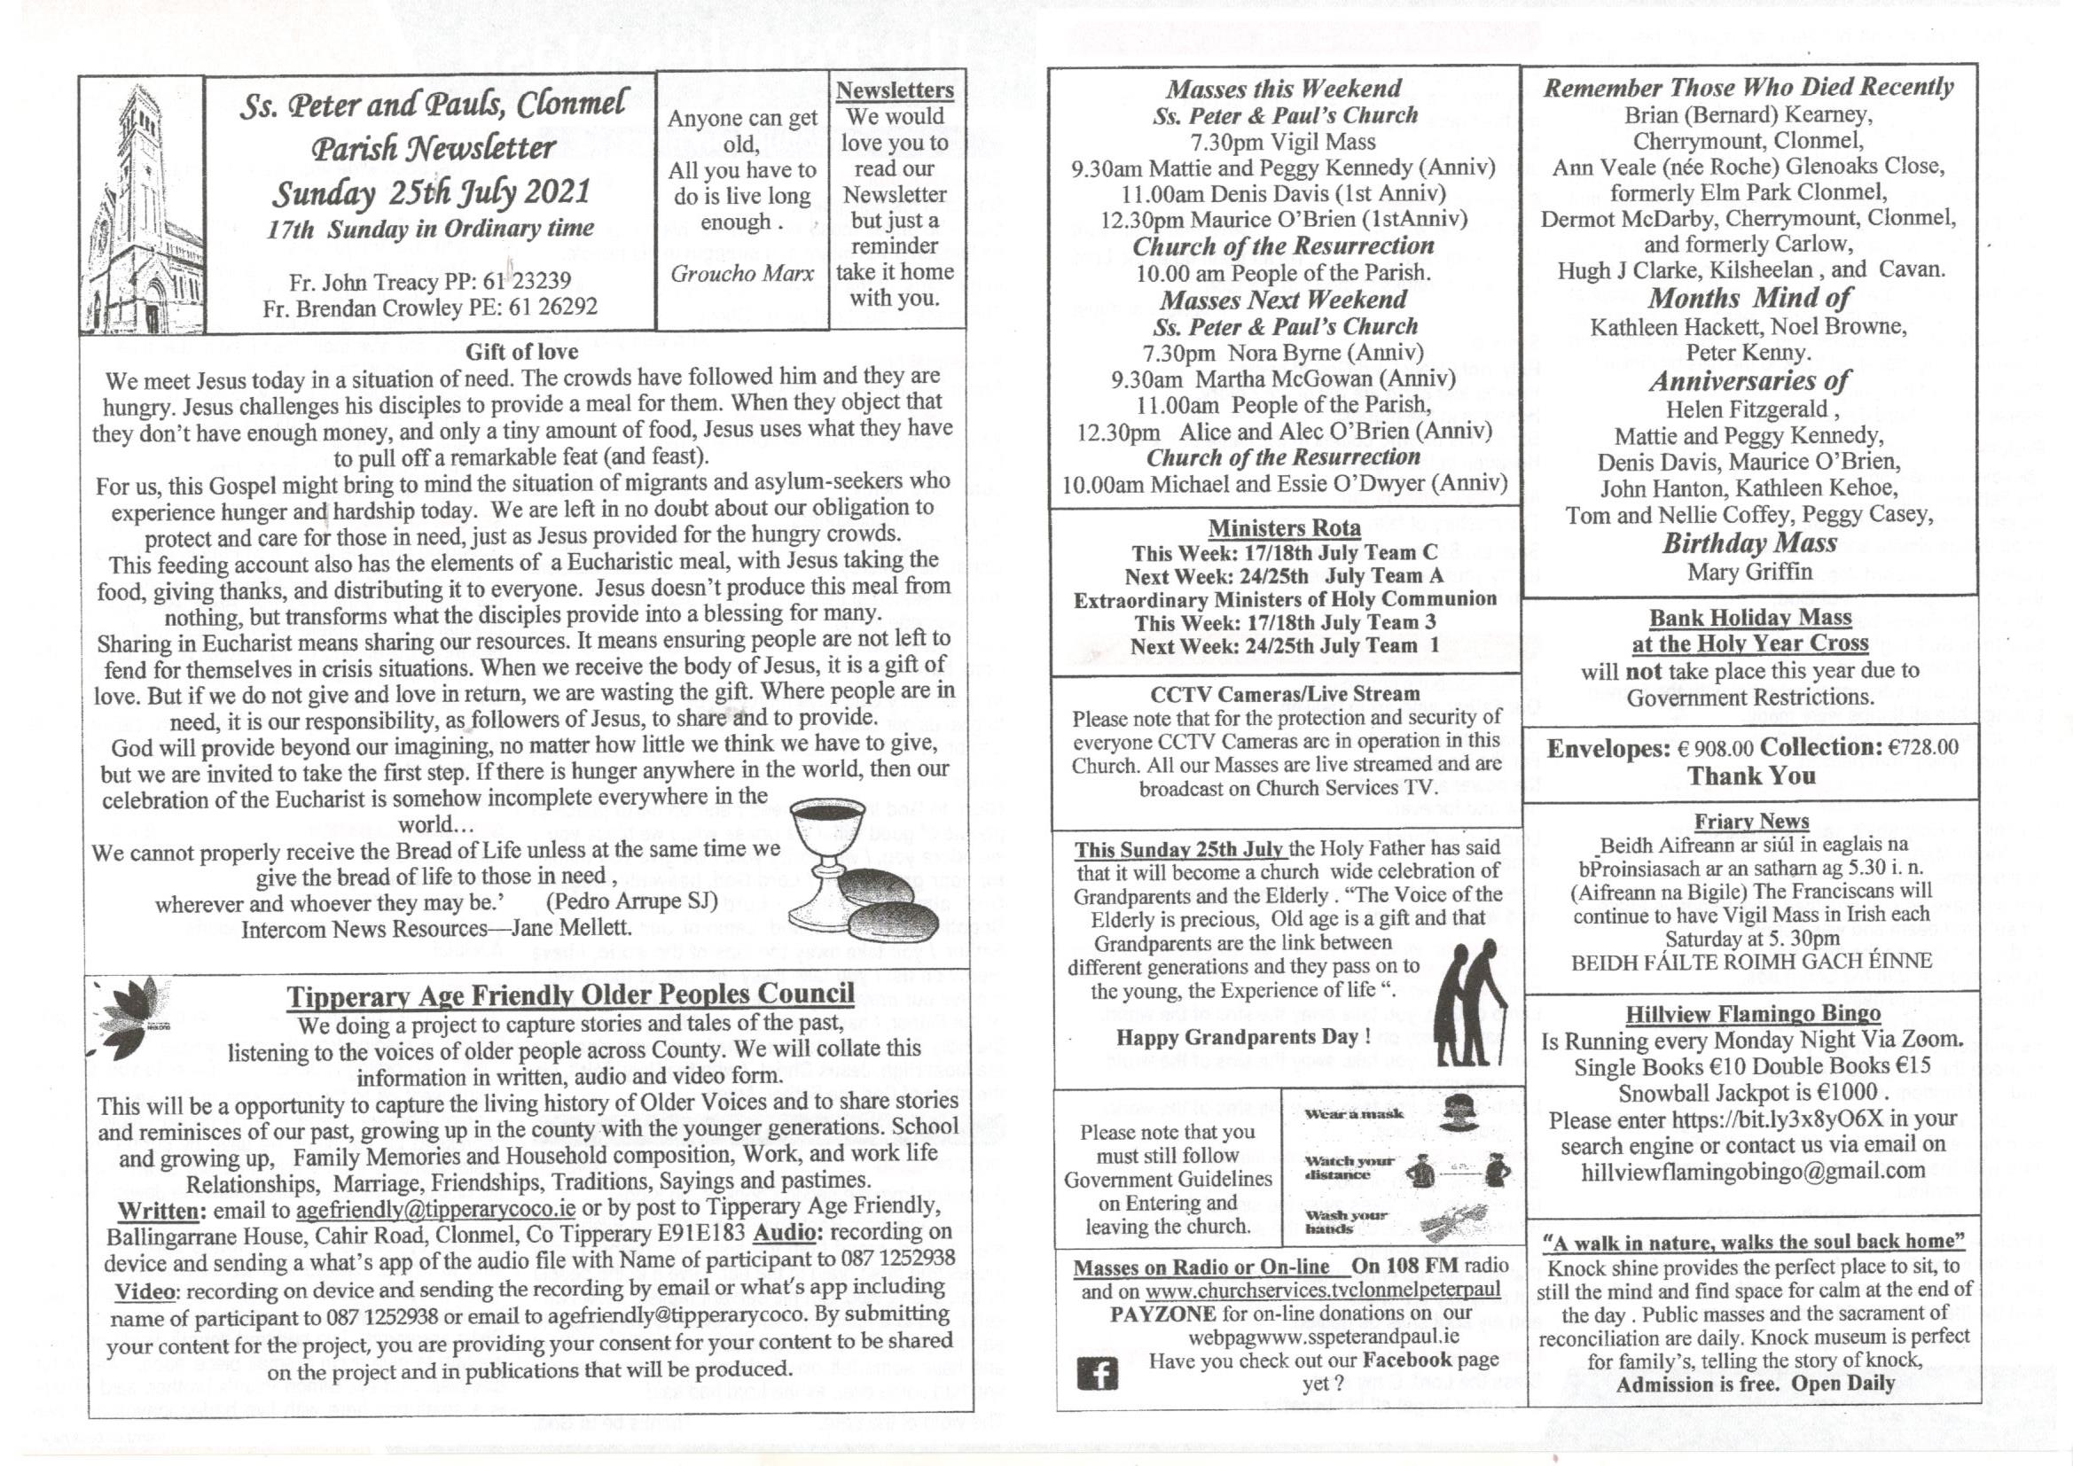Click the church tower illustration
coord(142,207)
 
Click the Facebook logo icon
coord(1097,1373)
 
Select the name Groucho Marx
coord(741,273)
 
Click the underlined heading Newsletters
coord(894,90)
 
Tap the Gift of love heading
coord(521,351)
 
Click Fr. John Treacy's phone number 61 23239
coord(539,282)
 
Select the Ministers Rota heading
coord(1284,528)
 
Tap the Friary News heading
coord(1750,822)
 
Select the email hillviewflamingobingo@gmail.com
coord(1751,1172)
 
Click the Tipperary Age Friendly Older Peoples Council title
coord(570,994)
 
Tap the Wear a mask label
coord(1353,1114)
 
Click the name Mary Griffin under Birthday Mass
coord(1748,572)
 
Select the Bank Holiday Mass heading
coord(1749,618)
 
